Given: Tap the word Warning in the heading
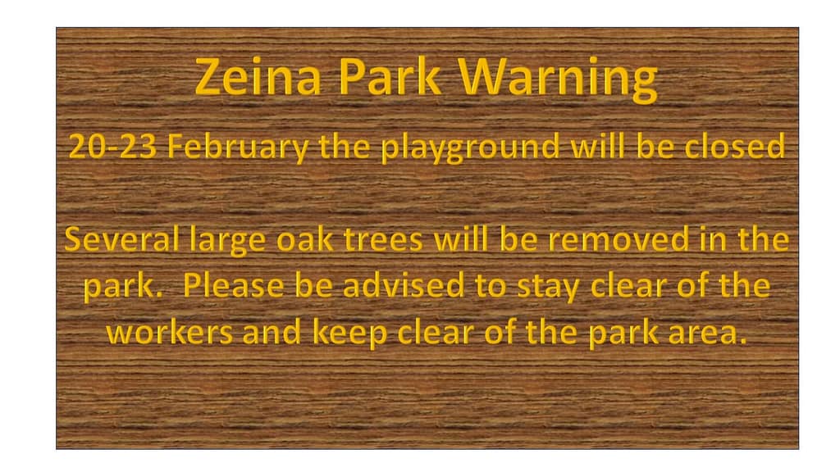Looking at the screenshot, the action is coord(558,79).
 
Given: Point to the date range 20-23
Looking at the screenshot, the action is coord(112,146).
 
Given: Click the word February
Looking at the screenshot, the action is coord(238,147).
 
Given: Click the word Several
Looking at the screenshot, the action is coord(121,238).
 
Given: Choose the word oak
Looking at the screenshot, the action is coord(305,238).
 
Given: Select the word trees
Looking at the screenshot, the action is coord(383,239).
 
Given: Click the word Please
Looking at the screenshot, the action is coord(233,285).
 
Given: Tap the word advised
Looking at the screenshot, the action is coord(404,285).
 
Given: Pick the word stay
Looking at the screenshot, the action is coord(548,288).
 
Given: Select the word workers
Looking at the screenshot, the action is coord(169,332).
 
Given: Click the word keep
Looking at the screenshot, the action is coord(349,334).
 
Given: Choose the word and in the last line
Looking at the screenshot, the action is coord(272,332).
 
